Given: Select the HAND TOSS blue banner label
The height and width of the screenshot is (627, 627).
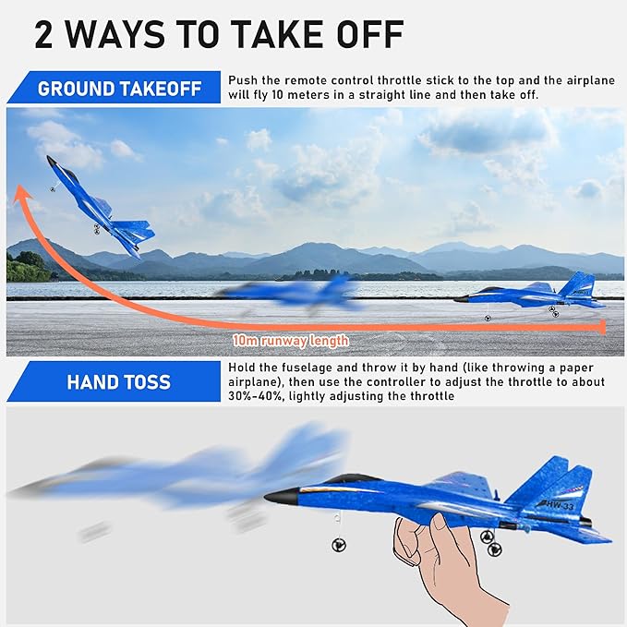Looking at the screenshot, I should coord(118,381).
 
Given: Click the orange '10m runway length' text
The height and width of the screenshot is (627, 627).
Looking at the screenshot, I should coord(290,341).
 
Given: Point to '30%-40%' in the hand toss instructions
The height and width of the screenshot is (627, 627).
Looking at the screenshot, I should coord(250,396).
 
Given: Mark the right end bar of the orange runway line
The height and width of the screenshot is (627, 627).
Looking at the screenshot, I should coord(603,327).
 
